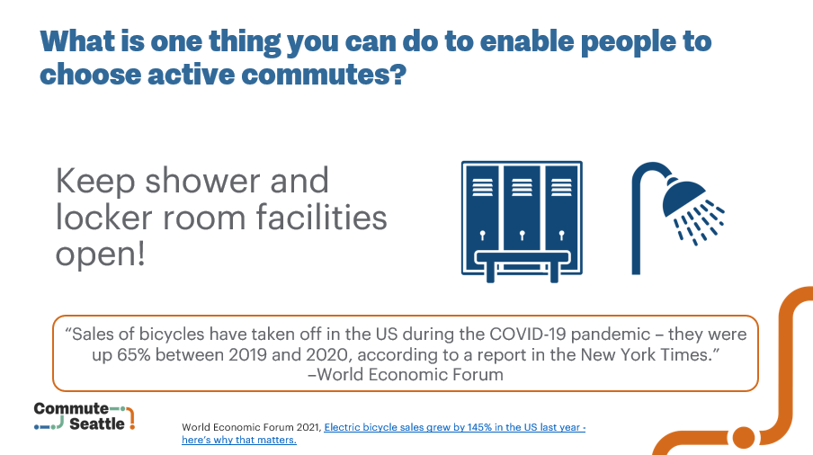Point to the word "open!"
pyautogui.click(x=101, y=254)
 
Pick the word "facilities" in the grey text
pyautogui.click(x=321, y=217)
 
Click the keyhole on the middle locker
pyautogui.click(x=522, y=236)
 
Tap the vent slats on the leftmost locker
pyautogui.click(x=482, y=187)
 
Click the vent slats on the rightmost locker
pyautogui.click(x=561, y=187)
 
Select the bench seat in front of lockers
pyautogui.click(x=523, y=257)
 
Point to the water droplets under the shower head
pyautogui.click(x=700, y=223)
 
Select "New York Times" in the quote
pyautogui.click(x=644, y=354)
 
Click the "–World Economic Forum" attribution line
pyautogui.click(x=406, y=375)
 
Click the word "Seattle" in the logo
pyautogui.click(x=97, y=424)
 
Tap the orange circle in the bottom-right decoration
pyautogui.click(x=744, y=437)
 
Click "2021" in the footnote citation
pyautogui.click(x=308, y=427)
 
